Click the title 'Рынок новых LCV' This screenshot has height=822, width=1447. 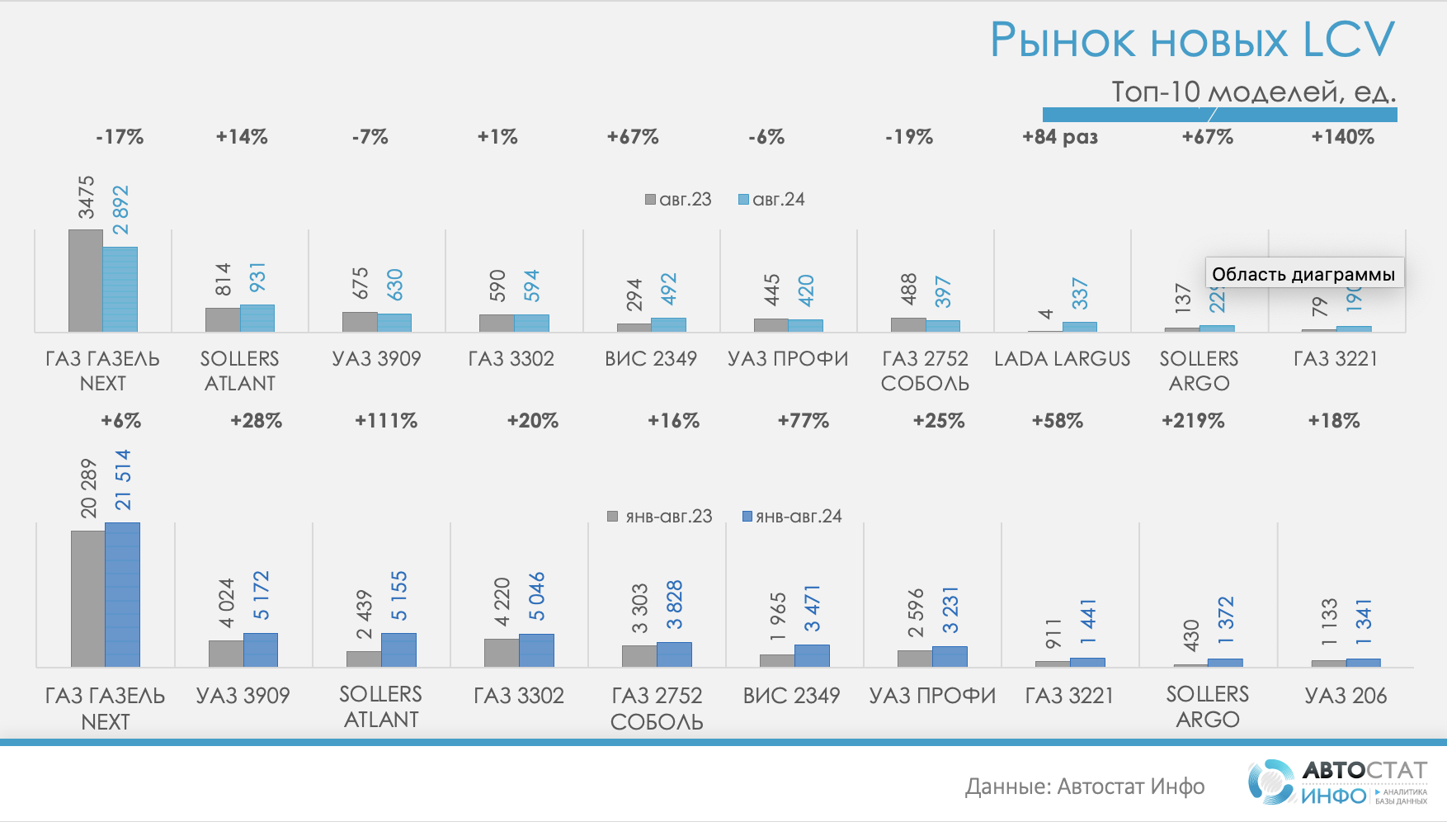point(1192,40)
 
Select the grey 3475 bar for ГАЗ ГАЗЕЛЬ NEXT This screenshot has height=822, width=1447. point(86,281)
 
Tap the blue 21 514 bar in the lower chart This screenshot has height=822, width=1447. point(122,594)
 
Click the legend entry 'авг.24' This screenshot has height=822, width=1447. point(771,200)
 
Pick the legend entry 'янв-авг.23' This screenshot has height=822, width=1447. point(660,517)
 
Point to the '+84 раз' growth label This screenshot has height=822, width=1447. point(1060,137)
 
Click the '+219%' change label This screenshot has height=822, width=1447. point(1193,421)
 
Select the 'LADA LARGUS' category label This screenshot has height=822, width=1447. point(1062,359)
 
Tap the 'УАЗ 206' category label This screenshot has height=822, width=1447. point(1346,696)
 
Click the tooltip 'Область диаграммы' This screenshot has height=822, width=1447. point(1303,274)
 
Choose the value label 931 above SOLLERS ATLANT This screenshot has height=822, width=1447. point(257,277)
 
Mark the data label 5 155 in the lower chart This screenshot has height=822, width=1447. point(398,596)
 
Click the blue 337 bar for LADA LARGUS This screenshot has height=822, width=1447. point(1079,327)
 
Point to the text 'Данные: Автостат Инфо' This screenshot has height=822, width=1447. point(1085,787)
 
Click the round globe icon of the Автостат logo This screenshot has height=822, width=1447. point(1270,782)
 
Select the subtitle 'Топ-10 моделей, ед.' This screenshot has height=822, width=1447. point(1253,92)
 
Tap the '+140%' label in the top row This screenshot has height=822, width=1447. point(1342,137)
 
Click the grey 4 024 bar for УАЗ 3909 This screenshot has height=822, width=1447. point(226,653)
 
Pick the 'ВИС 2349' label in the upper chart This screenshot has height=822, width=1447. point(651,359)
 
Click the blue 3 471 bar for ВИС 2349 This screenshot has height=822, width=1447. point(812,655)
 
